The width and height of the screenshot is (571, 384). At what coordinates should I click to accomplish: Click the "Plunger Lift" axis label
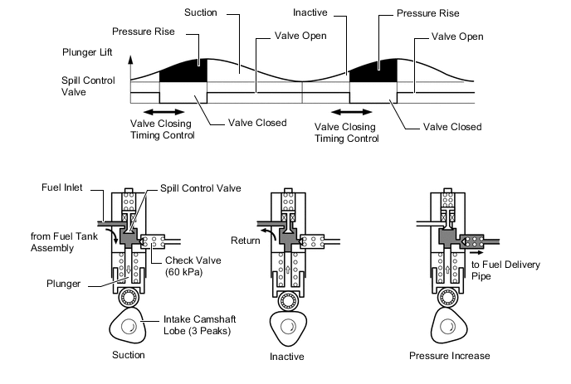coord(87,52)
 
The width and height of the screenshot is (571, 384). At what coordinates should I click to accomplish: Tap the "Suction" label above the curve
coord(201,12)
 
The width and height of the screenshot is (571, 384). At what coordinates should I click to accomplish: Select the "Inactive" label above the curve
coord(310,12)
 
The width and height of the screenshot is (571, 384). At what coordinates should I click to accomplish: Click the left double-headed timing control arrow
coord(164,112)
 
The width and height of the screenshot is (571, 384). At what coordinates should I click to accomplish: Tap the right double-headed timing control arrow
coord(351,112)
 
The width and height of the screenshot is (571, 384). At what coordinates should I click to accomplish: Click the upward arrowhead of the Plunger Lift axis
coord(131,60)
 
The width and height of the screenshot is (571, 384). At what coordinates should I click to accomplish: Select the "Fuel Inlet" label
coord(62,187)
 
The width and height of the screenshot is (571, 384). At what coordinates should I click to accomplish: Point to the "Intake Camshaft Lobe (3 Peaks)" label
coord(199,325)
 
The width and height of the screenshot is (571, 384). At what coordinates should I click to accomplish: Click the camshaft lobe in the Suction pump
coord(128,326)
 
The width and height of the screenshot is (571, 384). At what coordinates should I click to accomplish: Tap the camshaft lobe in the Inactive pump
coord(288,328)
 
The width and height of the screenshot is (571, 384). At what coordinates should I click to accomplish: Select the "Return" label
coord(246,241)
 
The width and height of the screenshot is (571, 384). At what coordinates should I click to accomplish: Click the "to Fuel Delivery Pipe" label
coord(505,270)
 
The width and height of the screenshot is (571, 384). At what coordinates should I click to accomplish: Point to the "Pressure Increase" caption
coord(449,356)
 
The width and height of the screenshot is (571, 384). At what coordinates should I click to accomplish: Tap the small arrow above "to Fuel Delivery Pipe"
coord(476,252)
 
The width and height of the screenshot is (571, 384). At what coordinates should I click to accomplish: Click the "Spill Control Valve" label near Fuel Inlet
coord(201,188)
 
